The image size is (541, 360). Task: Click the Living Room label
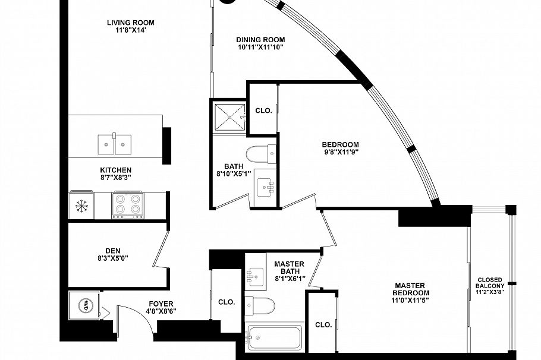click(130, 23)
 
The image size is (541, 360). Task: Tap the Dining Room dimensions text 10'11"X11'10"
click(260, 48)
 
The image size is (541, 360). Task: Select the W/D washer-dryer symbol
click(84, 305)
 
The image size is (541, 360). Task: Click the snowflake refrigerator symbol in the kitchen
click(81, 206)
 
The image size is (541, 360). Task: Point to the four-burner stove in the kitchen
click(128, 204)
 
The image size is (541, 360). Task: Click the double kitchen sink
click(114, 144)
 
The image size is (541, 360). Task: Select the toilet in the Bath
click(261, 154)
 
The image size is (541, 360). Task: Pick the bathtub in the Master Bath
click(274, 337)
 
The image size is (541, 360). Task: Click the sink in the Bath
click(265, 188)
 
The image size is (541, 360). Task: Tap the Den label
click(113, 251)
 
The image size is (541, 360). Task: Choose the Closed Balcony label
click(490, 283)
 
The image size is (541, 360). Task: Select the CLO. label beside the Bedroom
click(263, 110)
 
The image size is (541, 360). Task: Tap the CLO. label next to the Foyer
click(227, 302)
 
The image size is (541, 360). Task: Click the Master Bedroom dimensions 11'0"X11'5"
click(410, 301)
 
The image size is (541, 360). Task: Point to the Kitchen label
click(115, 170)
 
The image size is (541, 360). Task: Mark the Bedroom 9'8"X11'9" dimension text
click(340, 152)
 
